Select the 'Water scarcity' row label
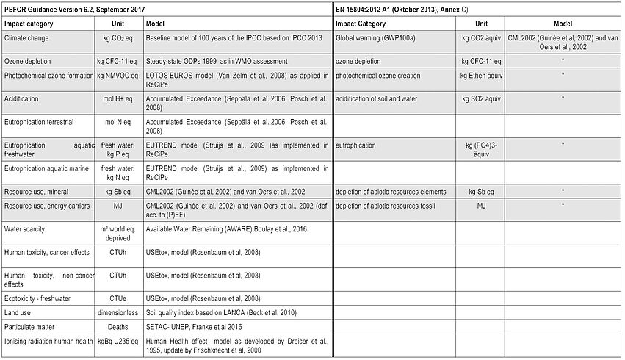point(25,230)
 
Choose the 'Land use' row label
point(19,312)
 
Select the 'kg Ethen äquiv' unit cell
point(482,76)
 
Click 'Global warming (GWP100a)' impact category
point(377,37)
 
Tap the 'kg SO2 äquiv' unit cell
point(482,98)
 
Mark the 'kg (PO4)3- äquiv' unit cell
point(482,150)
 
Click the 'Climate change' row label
point(27,37)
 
